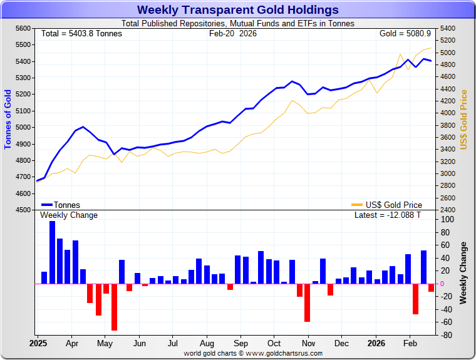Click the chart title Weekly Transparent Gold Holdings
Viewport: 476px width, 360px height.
[x=237, y=10]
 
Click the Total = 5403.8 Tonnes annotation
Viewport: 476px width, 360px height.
[x=81, y=33]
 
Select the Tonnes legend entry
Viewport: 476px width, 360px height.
[x=61, y=205]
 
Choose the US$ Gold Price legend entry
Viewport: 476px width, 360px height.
[x=387, y=205]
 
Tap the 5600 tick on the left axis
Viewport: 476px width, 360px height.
[x=23, y=29]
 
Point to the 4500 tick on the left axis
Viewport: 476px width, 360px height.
[x=23, y=210]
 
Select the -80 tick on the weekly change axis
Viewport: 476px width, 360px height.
[x=447, y=335]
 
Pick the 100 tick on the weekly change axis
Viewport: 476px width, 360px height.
[x=448, y=220]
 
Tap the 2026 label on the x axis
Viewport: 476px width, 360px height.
[x=376, y=344]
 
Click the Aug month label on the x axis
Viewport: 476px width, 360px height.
[x=207, y=344]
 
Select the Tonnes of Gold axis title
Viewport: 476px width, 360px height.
[x=8, y=119]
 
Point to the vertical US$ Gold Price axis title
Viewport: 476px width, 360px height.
[x=464, y=119]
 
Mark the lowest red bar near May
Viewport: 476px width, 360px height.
[x=114, y=307]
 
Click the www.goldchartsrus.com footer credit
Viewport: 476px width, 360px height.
[x=254, y=354]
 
